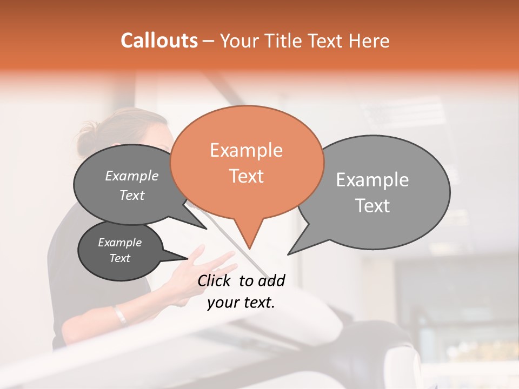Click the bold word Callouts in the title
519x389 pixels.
tap(159, 41)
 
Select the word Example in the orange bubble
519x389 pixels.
tap(246, 150)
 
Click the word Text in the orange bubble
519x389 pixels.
tap(246, 176)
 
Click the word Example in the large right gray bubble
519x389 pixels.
tap(372, 180)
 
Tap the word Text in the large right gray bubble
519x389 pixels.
tap(373, 206)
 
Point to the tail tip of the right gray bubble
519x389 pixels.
tap(288, 254)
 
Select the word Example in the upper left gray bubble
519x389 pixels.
tap(132, 176)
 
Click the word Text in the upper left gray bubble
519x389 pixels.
tap(132, 196)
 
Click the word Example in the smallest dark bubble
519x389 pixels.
tap(119, 243)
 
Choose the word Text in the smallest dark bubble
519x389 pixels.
tap(119, 258)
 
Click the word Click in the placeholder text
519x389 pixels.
tap(216, 280)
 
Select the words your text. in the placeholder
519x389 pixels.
tap(241, 303)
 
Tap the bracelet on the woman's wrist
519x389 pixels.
tap(119, 314)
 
